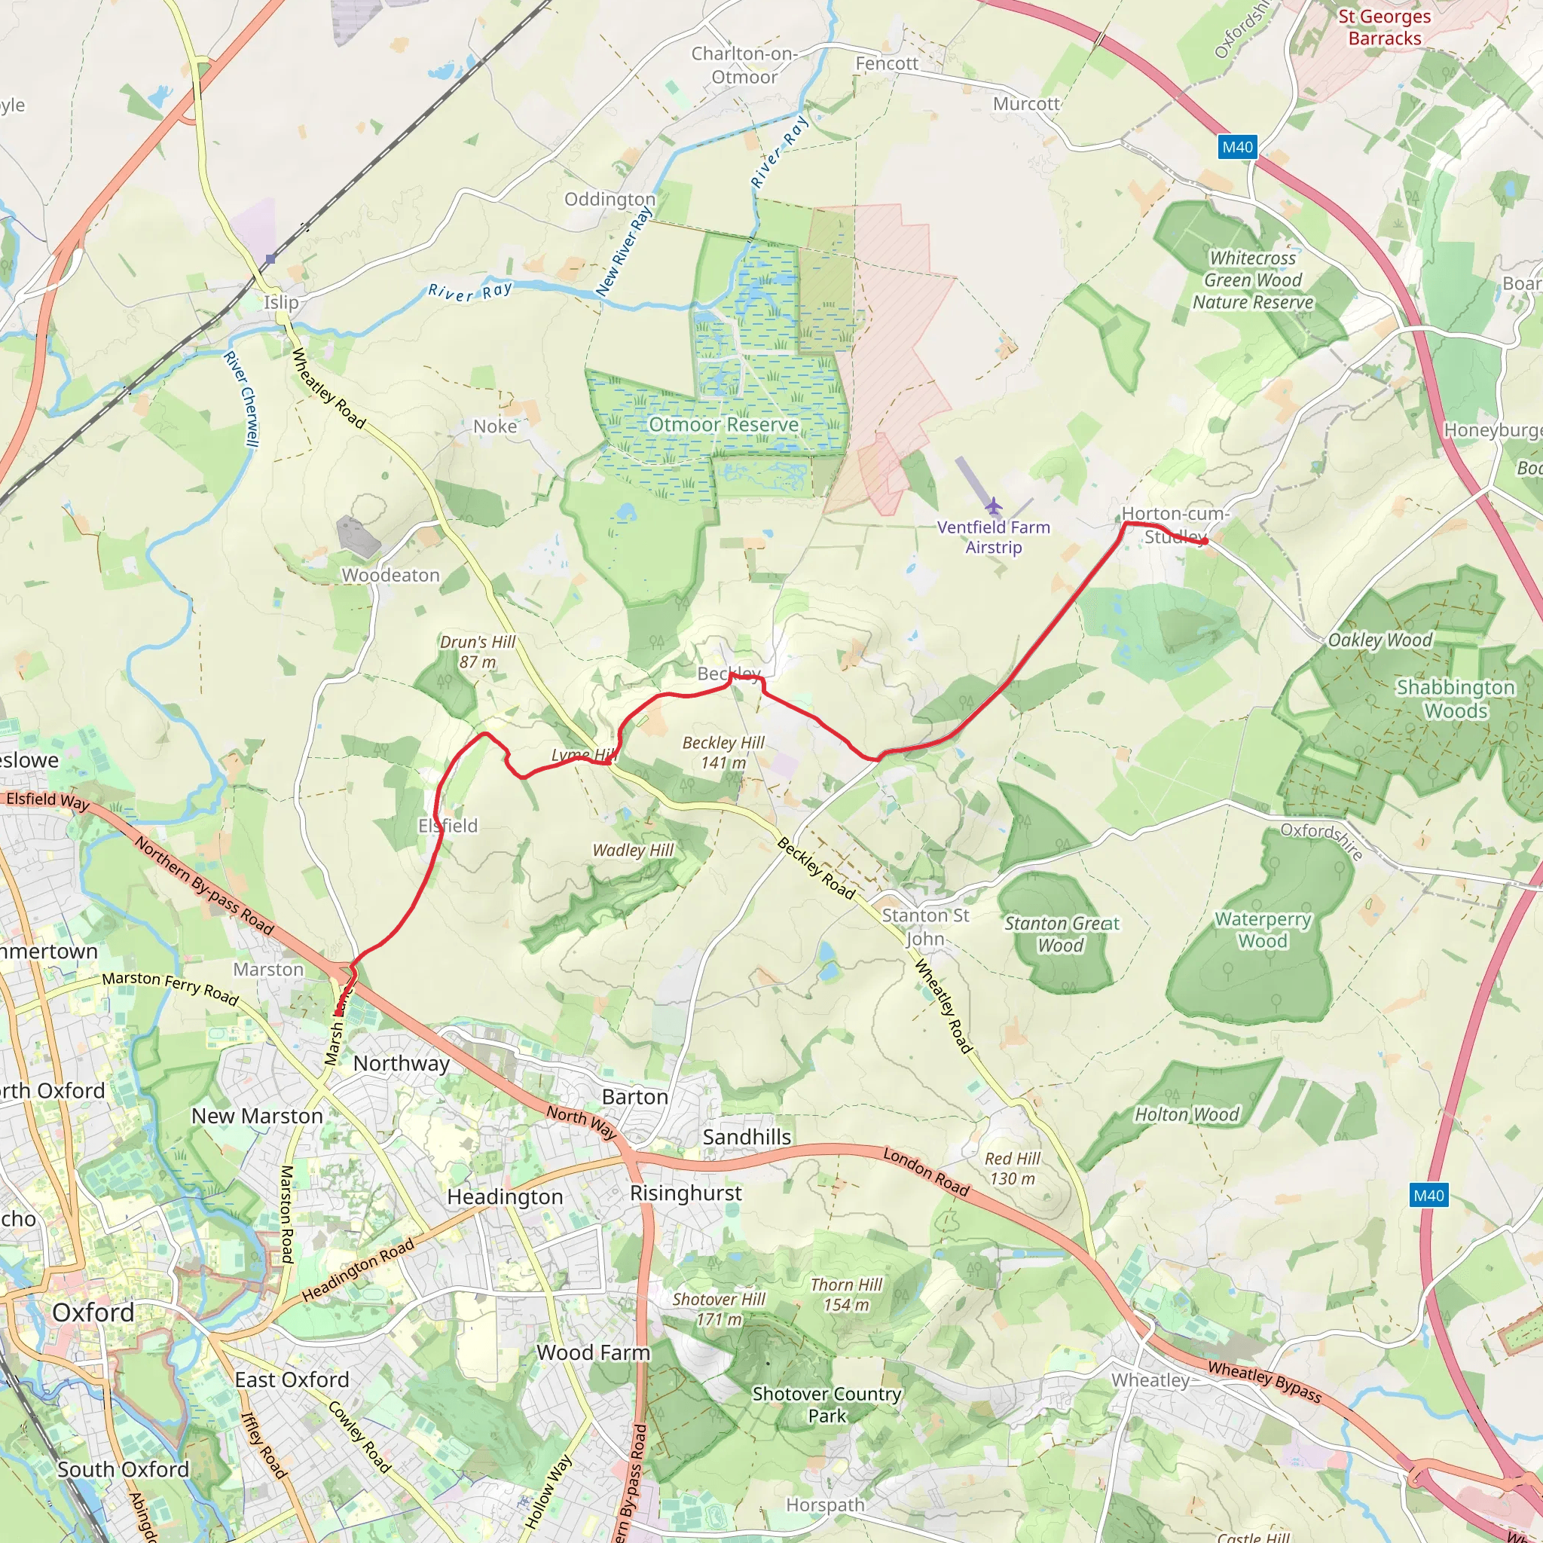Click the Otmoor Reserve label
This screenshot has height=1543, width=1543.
tap(723, 424)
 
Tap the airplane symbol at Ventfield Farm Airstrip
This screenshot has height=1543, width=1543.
tap(993, 506)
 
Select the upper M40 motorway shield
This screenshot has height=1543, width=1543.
tap(1237, 147)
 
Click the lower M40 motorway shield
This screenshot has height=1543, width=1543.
tap(1428, 1196)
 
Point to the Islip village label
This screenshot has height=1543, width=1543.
tap(281, 303)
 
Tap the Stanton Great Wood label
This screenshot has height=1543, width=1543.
tap(1061, 934)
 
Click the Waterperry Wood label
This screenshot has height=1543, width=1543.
tap(1262, 930)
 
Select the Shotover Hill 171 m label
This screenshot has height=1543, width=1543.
tap(719, 1309)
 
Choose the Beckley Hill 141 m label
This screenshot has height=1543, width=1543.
tap(723, 753)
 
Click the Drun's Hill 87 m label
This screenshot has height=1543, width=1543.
tap(478, 652)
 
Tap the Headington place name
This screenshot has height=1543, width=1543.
tap(505, 1196)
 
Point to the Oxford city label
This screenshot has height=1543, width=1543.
tap(93, 1312)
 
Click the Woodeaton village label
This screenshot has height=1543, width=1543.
tap(390, 575)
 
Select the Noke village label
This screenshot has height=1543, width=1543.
tap(494, 426)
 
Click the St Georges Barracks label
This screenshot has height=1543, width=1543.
tap(1384, 27)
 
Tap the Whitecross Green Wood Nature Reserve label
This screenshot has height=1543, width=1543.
tap(1252, 280)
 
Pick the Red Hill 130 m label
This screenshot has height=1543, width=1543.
tap(1012, 1169)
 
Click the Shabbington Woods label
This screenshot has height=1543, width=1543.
tap(1455, 699)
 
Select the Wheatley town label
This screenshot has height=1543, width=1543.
tap(1150, 1380)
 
